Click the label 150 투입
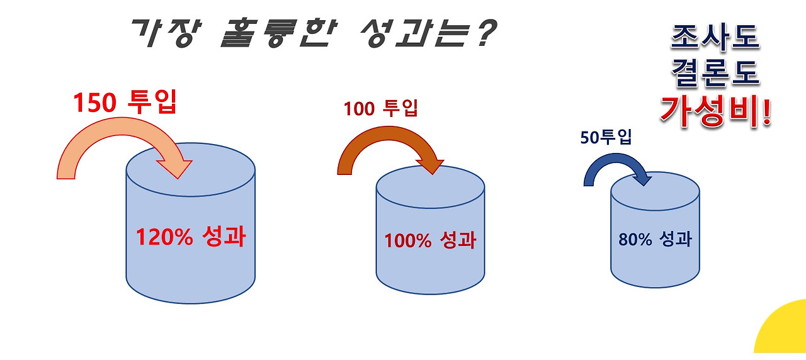click(x=124, y=103)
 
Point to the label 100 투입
click(x=380, y=109)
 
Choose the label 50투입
click(x=606, y=137)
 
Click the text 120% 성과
click(x=191, y=239)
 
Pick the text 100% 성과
click(x=430, y=240)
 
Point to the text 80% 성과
click(x=655, y=239)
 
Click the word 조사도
click(x=715, y=40)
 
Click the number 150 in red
click(x=94, y=103)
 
